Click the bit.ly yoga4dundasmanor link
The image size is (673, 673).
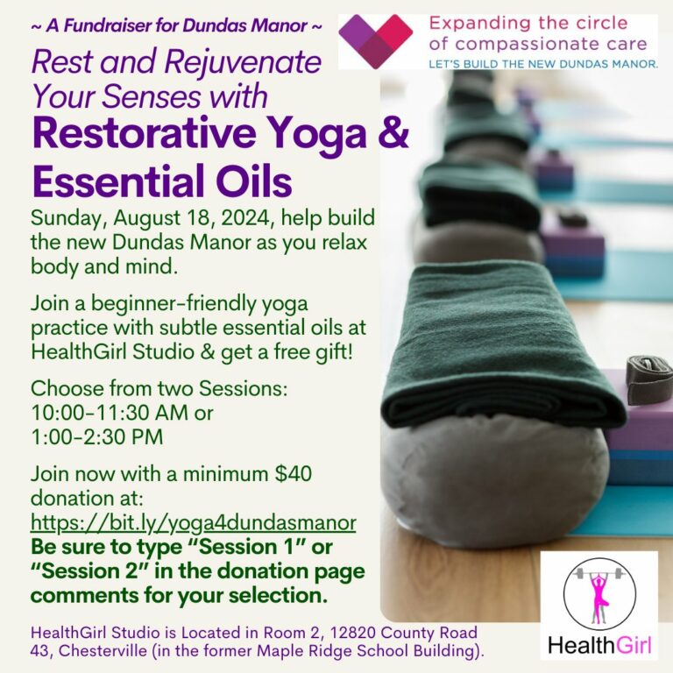point(193,523)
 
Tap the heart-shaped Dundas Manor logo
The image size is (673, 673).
point(376,41)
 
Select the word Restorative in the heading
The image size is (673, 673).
point(144,134)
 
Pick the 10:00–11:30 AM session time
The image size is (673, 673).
point(110,413)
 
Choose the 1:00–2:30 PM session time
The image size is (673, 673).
point(97,437)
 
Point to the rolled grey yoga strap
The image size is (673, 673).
point(649,379)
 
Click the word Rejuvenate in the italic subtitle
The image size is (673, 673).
point(243,63)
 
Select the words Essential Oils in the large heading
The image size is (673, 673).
point(162,181)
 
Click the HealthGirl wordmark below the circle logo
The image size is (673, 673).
point(599,646)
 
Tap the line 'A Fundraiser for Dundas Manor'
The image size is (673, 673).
point(176,25)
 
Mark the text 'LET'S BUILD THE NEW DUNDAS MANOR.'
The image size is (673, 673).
point(543,64)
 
